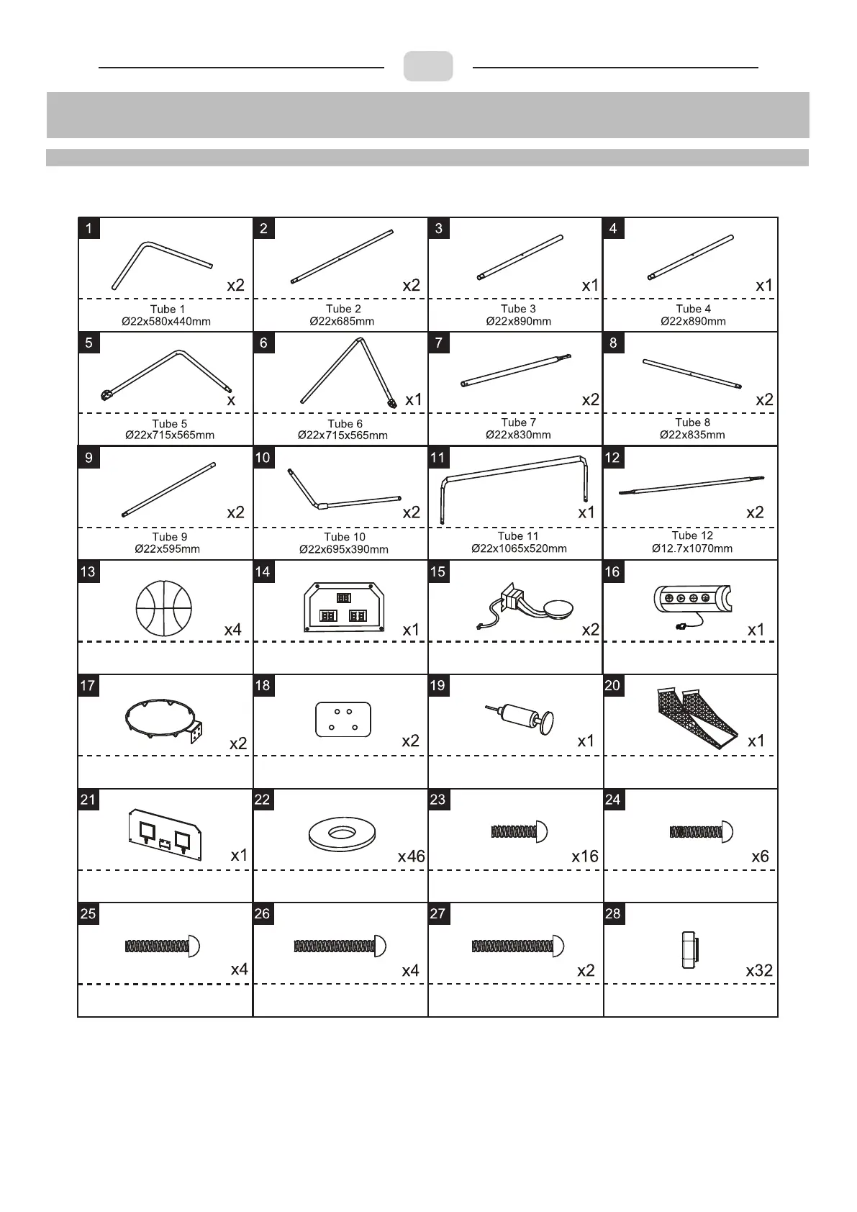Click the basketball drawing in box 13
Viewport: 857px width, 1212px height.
click(x=164, y=607)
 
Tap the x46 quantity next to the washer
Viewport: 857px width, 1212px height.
click(x=411, y=856)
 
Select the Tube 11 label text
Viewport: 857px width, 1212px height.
click(x=518, y=536)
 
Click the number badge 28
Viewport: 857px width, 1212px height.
click(x=613, y=913)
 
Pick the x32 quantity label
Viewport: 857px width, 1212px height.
click(x=759, y=970)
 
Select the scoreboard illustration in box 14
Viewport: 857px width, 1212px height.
click(x=344, y=608)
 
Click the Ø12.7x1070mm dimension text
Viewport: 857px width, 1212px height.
click(x=692, y=548)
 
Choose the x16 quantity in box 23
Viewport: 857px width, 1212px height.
click(x=584, y=856)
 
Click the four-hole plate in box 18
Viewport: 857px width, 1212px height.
click(x=343, y=720)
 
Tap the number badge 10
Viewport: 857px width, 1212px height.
click(x=263, y=457)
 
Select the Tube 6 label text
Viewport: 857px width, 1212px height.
click(x=345, y=424)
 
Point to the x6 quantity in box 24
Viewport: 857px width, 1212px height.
click(x=760, y=856)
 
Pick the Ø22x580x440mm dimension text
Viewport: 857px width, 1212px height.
click(x=166, y=322)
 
